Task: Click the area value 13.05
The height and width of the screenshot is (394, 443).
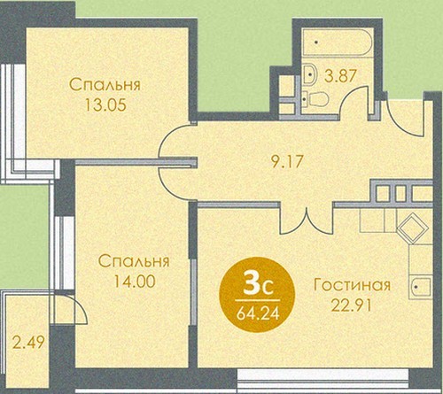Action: pos(105,104)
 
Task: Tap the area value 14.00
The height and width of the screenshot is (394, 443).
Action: pos(135,282)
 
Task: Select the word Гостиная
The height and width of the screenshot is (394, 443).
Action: pos(352,285)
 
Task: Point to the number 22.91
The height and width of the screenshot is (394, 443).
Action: pos(351,305)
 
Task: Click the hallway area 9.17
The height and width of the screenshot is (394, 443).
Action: pos(287,161)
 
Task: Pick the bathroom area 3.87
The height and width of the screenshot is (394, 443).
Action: pos(339,76)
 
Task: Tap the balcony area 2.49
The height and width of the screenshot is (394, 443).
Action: pos(29,343)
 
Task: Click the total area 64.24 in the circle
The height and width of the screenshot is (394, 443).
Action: pos(258,313)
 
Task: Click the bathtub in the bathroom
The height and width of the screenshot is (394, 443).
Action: pos(337,42)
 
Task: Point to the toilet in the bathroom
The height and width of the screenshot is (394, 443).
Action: pos(315,99)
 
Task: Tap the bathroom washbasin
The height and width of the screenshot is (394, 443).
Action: pos(309,74)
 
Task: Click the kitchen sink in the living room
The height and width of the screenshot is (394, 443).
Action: pos(420,287)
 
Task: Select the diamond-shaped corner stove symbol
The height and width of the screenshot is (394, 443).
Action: pos(413,228)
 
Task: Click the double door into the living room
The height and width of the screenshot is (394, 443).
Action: pos(307,220)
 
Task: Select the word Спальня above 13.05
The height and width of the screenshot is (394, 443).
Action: pos(105,85)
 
